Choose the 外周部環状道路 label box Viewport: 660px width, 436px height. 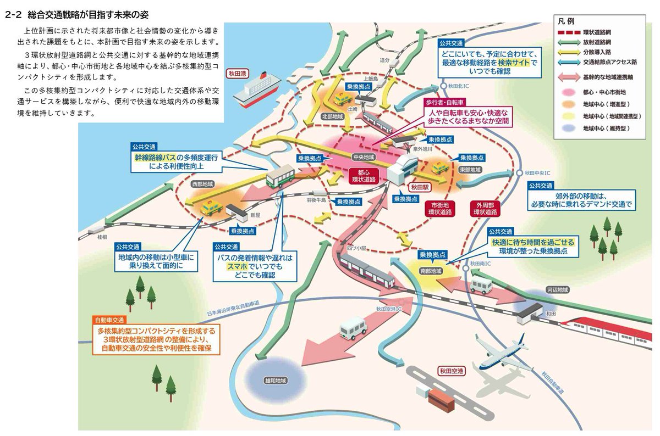(485, 207)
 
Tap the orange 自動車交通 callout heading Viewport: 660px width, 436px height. (110, 319)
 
